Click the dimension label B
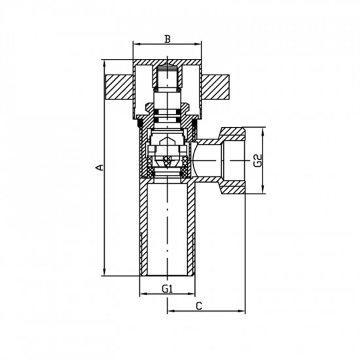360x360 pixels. pos(168,39)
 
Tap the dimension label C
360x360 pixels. pos(199,306)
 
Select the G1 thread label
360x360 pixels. pos(167,289)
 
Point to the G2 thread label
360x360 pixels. pos(259,160)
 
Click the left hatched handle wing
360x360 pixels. pos(119,88)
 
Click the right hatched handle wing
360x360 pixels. pos(215,88)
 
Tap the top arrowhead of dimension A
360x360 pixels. pos(105,63)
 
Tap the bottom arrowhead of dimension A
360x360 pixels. pos(105,273)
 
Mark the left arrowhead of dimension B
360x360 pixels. pos(136,45)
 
